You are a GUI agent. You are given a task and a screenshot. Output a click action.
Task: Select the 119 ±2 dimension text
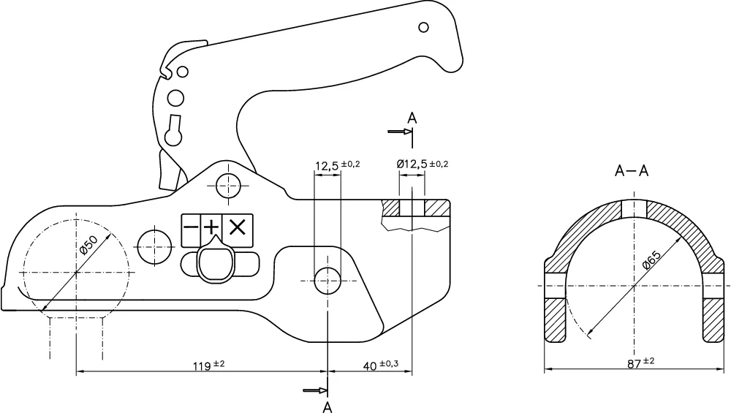pos(209,364)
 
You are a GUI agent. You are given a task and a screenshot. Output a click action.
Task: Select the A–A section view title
pos(632,172)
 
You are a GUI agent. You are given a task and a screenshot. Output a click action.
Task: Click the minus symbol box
pos(191,227)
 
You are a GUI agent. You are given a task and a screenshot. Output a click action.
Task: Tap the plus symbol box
pos(213,227)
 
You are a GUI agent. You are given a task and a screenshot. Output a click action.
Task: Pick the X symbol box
pos(236,227)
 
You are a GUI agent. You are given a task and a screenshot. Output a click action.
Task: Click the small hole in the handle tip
pos(423,28)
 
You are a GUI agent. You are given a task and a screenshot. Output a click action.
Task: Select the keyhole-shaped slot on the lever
pos(175,130)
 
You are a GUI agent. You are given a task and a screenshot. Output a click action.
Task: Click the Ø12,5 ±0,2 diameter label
pos(422,164)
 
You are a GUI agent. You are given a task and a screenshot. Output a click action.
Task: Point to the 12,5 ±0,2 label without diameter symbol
pos(337,166)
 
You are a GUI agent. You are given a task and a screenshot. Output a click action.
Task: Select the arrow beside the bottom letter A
pos(315,390)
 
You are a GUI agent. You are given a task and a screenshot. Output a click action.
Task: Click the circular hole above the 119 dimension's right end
pos(327,279)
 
